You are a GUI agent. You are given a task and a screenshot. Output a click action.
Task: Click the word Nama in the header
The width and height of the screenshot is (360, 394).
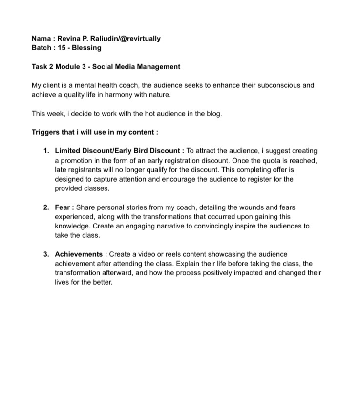pyautogui.click(x=42, y=38)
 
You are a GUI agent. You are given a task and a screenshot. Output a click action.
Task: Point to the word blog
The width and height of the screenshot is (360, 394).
pyautogui.click(x=213, y=114)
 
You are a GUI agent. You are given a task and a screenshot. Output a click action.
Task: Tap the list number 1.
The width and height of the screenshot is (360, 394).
pyautogui.click(x=46, y=151)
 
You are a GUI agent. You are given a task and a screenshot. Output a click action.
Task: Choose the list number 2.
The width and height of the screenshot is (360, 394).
pyautogui.click(x=46, y=207)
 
